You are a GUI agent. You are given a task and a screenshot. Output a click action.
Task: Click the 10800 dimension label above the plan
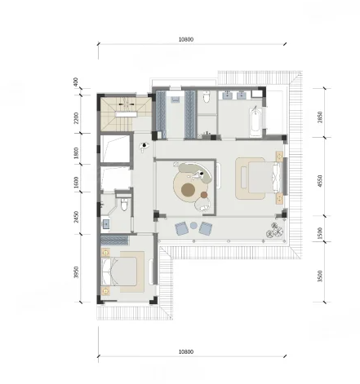[x=186, y=39]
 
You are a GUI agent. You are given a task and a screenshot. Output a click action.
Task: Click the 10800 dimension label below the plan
[x=186, y=351]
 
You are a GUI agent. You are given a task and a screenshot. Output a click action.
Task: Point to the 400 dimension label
[x=76, y=82]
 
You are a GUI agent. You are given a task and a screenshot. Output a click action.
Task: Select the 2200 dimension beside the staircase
[x=76, y=118]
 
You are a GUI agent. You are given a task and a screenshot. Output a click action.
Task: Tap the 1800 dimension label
[x=76, y=153]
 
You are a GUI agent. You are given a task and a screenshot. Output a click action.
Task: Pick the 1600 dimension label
[x=76, y=183]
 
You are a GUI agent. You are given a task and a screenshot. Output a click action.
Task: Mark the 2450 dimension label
[x=76, y=217]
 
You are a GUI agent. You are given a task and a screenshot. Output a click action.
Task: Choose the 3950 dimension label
[x=76, y=272]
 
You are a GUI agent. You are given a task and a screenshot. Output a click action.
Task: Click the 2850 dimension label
[x=320, y=117]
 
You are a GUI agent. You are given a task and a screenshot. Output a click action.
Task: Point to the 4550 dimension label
[x=320, y=181]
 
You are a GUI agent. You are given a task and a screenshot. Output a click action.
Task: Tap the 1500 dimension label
[x=320, y=233]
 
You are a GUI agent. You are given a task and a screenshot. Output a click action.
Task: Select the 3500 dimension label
[x=320, y=276]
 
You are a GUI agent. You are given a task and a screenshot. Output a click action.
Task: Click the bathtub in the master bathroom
[x=256, y=122]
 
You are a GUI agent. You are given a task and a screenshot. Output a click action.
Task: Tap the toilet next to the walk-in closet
[x=207, y=97]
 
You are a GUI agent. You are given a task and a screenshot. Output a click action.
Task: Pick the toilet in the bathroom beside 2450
[x=124, y=205]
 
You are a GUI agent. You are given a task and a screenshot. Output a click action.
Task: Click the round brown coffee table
[x=188, y=189]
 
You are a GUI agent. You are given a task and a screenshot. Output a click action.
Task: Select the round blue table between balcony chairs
[x=193, y=225]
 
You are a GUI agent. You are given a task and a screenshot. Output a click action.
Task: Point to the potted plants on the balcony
[x=275, y=230]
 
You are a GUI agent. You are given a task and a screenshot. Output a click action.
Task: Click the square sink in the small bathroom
[x=105, y=224]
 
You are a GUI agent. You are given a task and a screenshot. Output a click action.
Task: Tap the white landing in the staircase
[x=126, y=114]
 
